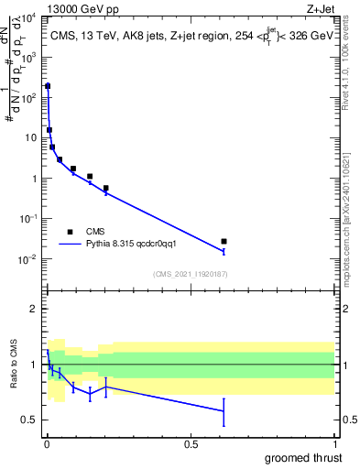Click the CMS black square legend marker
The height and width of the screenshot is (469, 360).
coord(70,232)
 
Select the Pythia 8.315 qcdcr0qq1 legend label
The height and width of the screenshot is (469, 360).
coord(137,245)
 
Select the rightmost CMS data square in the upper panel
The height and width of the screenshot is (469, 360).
coord(224,241)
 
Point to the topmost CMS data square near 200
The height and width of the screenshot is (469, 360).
coord(48,86)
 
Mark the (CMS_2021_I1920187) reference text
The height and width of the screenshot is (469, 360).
coord(190,274)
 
